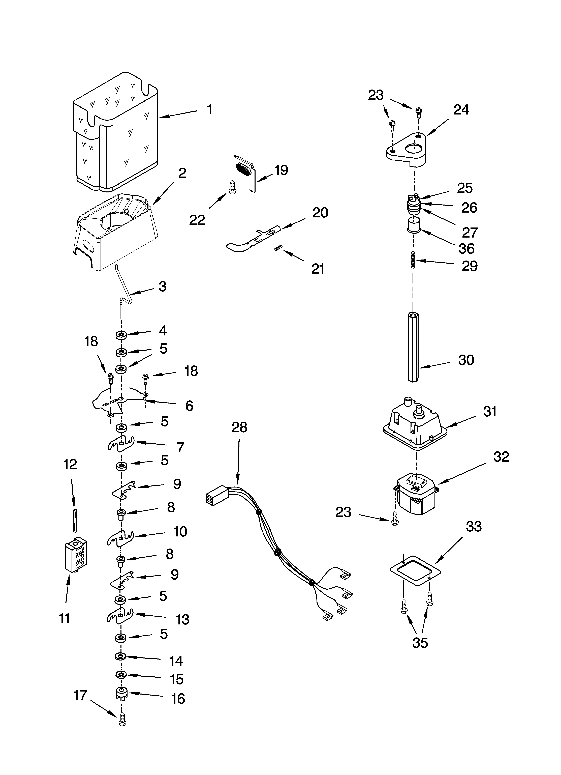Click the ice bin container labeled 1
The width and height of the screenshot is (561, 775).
tap(116, 133)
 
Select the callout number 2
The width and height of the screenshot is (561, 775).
tap(182, 173)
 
